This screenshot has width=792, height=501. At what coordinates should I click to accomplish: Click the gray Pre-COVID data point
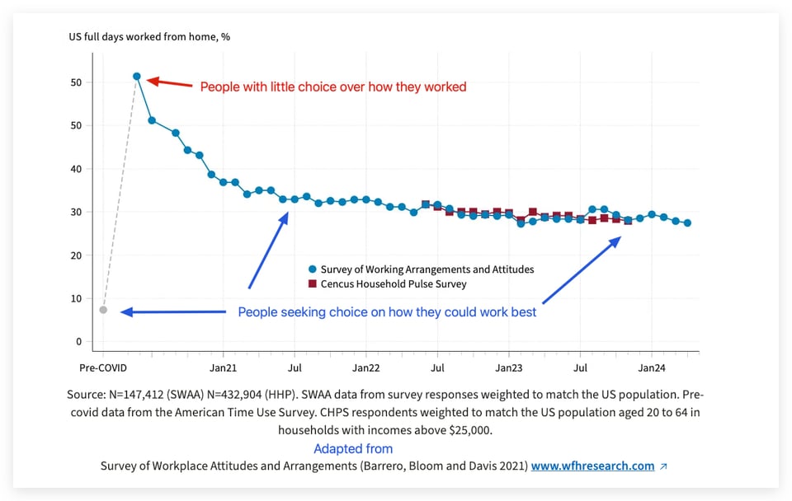(103, 310)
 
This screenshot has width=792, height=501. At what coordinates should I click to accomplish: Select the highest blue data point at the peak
(137, 77)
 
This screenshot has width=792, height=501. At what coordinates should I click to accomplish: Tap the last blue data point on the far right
(687, 222)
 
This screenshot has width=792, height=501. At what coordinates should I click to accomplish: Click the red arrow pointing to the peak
(169, 83)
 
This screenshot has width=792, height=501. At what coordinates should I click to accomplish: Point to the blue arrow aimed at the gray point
(173, 311)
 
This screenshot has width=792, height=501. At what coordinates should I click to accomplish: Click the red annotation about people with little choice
(333, 87)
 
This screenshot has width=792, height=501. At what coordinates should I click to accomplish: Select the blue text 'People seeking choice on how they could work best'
(387, 312)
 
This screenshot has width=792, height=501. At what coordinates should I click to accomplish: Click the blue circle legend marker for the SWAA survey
(312, 269)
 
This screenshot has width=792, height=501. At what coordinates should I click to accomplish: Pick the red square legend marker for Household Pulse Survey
(312, 284)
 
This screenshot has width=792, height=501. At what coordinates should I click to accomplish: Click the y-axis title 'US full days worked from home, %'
(148, 37)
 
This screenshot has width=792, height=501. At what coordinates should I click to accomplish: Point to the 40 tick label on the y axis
(76, 169)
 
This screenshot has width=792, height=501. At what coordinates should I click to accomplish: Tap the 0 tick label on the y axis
(78, 341)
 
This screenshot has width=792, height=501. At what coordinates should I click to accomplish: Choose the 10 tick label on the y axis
(76, 298)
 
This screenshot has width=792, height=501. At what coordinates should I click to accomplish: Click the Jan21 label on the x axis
(223, 368)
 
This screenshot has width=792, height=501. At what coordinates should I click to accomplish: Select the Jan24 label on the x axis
(652, 368)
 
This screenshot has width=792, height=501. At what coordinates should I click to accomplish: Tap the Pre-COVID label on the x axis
(103, 368)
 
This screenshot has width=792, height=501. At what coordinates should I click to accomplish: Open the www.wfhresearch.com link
(592, 466)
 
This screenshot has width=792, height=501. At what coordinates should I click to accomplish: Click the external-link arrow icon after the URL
(664, 466)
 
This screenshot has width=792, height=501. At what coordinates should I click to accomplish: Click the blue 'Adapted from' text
(353, 449)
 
